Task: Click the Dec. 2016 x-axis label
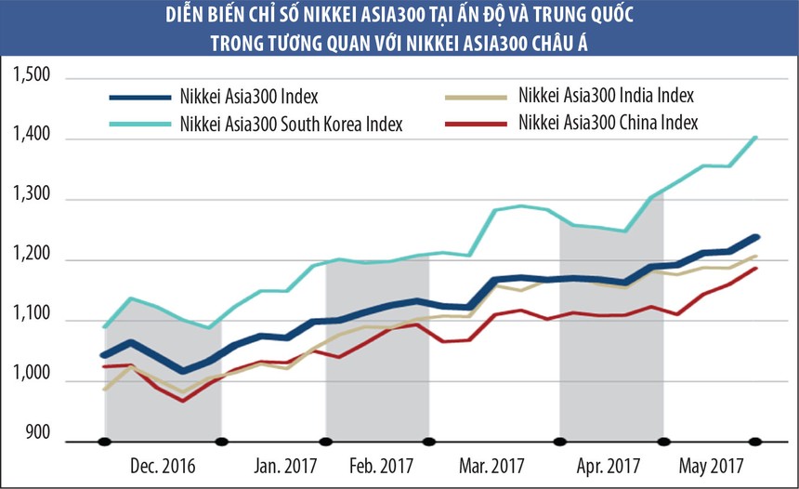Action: click(x=164, y=465)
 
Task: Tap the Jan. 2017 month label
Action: click(x=285, y=465)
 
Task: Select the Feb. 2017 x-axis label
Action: click(x=383, y=465)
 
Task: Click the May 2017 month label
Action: click(x=713, y=465)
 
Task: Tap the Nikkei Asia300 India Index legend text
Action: click(x=606, y=95)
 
